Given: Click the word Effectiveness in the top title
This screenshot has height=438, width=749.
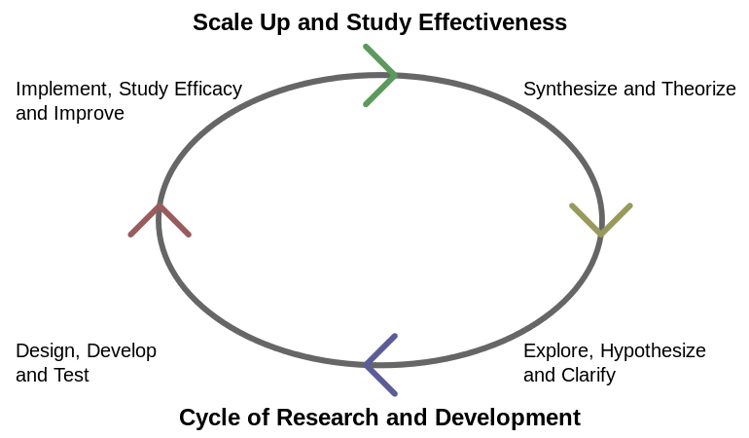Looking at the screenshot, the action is tap(492, 22).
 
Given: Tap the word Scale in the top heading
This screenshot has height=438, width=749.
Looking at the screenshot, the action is tap(223, 22).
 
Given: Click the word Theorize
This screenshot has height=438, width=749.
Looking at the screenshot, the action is tap(698, 89).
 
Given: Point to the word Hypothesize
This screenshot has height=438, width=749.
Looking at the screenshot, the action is tap(653, 351).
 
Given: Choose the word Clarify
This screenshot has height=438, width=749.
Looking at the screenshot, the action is tap(588, 376).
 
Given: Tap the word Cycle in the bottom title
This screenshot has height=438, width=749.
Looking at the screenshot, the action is tap(210, 418).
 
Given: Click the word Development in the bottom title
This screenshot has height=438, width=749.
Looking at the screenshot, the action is tap(508, 418).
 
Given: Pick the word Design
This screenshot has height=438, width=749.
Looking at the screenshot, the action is tap(48, 351).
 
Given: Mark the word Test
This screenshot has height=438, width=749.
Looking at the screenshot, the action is tap(71, 376).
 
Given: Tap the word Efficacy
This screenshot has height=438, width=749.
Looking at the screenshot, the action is tap(208, 90).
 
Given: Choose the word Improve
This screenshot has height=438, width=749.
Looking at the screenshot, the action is tap(89, 114).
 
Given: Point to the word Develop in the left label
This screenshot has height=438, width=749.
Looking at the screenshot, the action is tap(122, 351).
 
